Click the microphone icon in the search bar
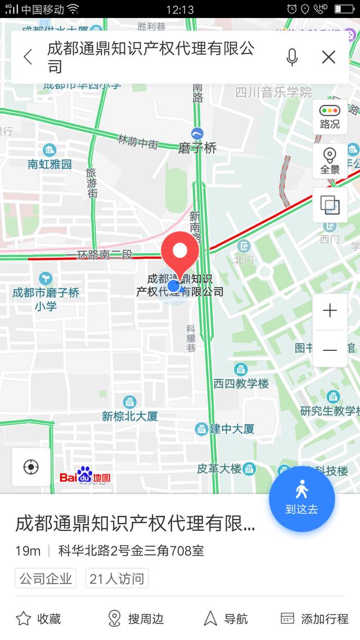(291, 57)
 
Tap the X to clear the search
(328, 57)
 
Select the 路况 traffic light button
(330, 116)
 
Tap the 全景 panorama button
(330, 160)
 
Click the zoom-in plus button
(330, 310)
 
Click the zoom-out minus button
(330, 350)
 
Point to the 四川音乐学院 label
(273, 92)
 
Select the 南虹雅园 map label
(49, 164)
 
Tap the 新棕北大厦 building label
(129, 416)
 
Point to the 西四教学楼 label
(241, 383)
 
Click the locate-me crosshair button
(31, 467)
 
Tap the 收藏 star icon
(24, 619)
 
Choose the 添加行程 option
(314, 619)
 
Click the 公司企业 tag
(46, 578)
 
